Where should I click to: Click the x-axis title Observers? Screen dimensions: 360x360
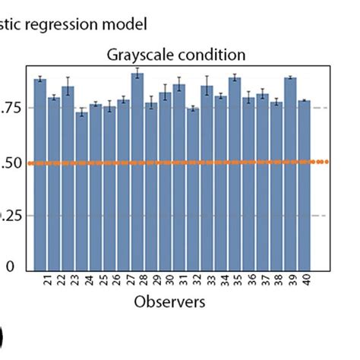169,302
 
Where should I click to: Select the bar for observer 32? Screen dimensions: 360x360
193,189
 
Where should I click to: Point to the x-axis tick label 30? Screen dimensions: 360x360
166,281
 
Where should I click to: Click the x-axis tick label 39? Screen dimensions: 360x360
291,281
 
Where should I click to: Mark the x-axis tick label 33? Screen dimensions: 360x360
207,281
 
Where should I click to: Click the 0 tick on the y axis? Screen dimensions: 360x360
11,267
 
